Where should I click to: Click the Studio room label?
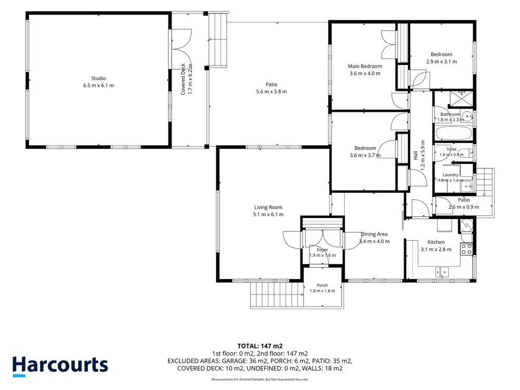98,79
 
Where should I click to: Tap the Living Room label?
268,207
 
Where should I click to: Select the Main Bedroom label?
365,66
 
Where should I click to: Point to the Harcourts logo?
60,366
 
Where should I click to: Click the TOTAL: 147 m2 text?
260,346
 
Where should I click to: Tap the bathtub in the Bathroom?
453,133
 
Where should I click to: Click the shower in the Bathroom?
461,98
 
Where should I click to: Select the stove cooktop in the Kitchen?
466,249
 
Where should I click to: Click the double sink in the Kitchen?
442,272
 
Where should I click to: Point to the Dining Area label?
374,234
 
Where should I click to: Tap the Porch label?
322,285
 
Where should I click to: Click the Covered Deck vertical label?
183,79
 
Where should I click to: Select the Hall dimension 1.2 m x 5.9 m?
422,155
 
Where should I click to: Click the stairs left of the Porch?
277,295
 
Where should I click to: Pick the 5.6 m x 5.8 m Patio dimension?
271,92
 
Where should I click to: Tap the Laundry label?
450,175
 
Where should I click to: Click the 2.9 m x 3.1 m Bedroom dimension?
441,61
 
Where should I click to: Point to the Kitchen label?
436,242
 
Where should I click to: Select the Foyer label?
322,250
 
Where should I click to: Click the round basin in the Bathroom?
468,116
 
